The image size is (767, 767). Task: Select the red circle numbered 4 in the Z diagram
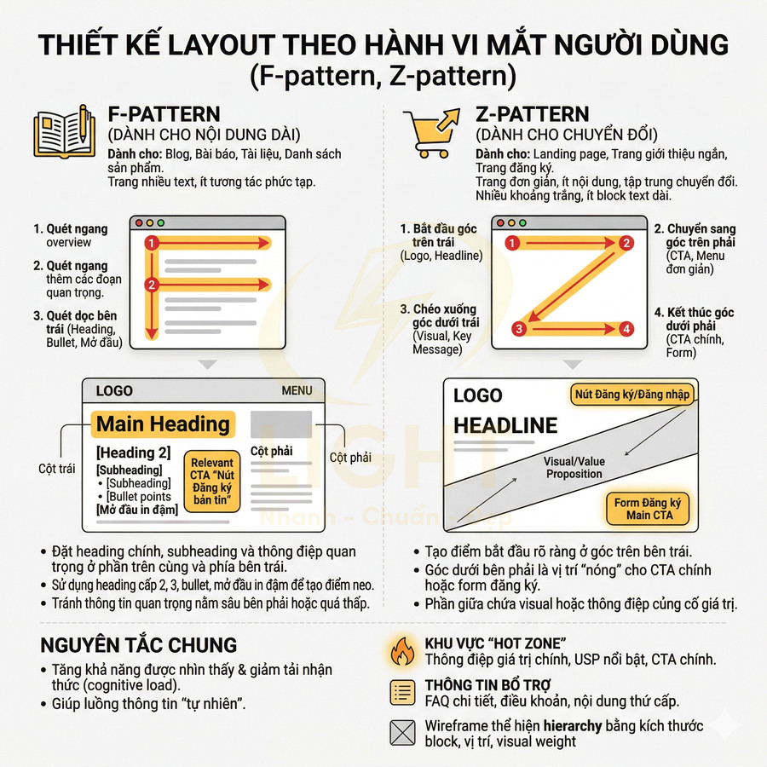[626, 328]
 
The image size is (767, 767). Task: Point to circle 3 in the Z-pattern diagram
[518, 328]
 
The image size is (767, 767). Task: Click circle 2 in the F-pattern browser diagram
[152, 285]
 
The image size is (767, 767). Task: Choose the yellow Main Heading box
[163, 424]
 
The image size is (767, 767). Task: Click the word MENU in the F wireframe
[297, 391]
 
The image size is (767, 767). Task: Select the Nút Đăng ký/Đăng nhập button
[631, 394]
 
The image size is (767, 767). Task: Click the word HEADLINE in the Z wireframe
[505, 425]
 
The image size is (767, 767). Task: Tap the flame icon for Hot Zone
[401, 650]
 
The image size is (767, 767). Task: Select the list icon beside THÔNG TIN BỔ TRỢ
[401, 693]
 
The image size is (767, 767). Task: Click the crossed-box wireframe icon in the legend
[401, 733]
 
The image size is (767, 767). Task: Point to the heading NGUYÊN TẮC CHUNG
[139, 644]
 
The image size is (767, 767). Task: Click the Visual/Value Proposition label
[574, 467]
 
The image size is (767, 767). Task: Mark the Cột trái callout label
[58, 469]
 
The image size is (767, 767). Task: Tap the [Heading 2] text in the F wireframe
[134, 453]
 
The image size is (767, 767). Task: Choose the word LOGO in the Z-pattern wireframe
[477, 395]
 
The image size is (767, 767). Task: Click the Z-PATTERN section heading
[532, 114]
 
